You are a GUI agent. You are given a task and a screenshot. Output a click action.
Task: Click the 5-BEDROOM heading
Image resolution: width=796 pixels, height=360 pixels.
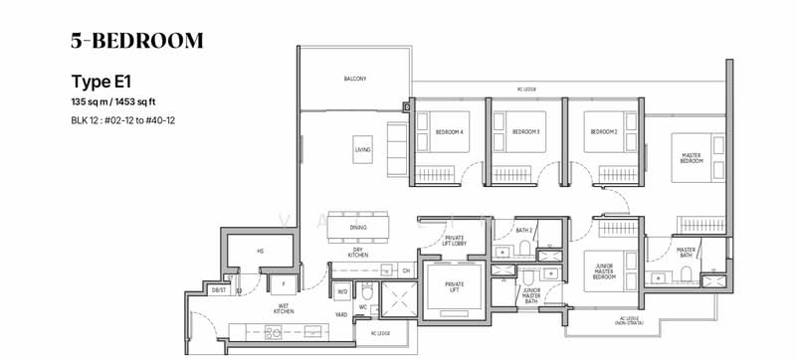tap(136, 41)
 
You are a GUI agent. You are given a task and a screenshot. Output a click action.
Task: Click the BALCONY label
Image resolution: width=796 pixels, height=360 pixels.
tap(355, 80)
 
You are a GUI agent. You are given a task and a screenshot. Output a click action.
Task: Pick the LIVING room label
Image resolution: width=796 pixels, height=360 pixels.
tap(362, 150)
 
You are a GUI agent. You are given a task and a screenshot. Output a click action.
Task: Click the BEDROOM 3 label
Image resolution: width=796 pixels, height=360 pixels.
tap(525, 131)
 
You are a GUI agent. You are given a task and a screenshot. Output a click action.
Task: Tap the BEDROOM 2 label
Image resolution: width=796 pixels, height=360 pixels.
tap(600, 131)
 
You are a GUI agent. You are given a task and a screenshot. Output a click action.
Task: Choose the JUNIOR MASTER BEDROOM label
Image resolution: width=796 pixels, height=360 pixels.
tap(603, 271)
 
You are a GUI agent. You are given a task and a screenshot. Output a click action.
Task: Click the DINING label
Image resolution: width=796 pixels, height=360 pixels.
tap(358, 228)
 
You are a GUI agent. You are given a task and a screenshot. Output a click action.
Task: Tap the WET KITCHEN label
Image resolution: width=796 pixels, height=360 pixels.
tap(284, 309)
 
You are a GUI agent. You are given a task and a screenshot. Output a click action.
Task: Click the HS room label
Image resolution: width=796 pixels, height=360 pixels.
tap(260, 252)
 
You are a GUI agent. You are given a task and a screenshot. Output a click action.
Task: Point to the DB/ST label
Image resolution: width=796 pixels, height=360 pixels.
tap(218, 290)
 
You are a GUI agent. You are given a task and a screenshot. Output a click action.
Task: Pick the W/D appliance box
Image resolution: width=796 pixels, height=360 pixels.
tap(341, 291)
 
